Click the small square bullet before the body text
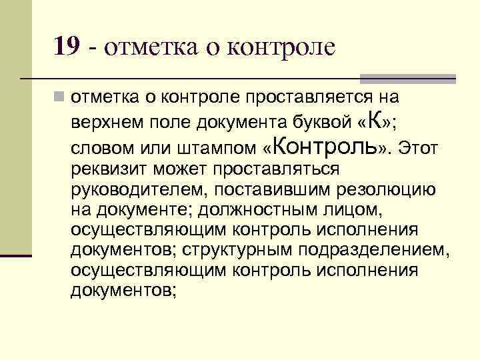click(x=60, y=97)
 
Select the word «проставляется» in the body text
click(x=301, y=97)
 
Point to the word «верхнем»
click(x=105, y=122)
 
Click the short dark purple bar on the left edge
click(x=16, y=255)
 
